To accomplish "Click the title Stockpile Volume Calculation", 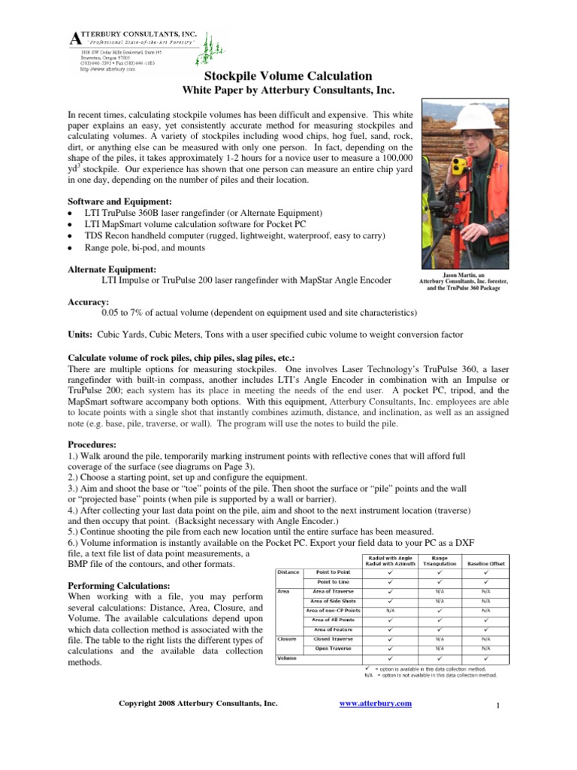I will [x=288, y=76].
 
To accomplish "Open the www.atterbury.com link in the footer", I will [x=376, y=703].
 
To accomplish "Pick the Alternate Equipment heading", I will [x=112, y=268].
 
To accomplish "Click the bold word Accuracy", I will [x=89, y=302].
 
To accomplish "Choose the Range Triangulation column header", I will [x=440, y=559].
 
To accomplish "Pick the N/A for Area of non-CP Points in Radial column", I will [x=391, y=611].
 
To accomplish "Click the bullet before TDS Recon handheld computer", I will [x=70, y=236].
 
